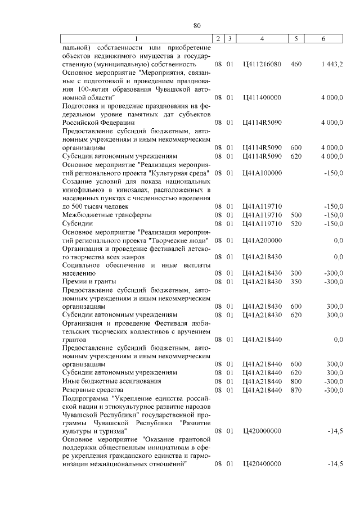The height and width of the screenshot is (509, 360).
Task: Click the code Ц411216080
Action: tap(262, 65)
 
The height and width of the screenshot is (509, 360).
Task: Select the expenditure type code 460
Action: tap(296, 65)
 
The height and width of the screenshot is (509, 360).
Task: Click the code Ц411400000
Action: tap(262, 97)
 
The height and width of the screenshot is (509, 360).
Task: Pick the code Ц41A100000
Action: tap(262, 173)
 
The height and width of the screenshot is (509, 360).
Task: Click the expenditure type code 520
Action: tap(296, 224)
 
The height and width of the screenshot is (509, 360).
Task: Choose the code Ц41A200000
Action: tap(262, 240)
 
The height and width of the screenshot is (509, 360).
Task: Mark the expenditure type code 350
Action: tap(296, 281)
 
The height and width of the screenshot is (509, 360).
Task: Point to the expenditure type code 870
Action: tap(296, 390)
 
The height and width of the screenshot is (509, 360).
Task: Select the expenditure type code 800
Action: tap(296, 381)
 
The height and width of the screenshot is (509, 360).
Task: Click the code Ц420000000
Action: tap(262, 431)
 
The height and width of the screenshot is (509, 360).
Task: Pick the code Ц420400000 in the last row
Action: tap(262, 464)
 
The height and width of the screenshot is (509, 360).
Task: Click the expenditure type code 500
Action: tap(296, 215)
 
